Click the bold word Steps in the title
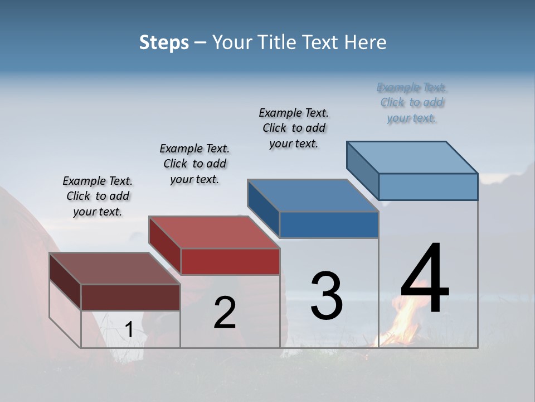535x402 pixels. [164, 42]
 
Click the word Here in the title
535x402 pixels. [365, 42]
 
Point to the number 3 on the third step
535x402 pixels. [327, 296]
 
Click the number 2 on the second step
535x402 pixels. [225, 313]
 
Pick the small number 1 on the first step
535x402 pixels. [129, 330]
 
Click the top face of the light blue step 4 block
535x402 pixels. [412, 157]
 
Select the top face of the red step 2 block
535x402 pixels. [214, 232]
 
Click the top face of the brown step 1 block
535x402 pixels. [115, 269]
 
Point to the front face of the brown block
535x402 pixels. [130, 297]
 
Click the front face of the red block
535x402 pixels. [230, 261]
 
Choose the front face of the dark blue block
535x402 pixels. [329, 224]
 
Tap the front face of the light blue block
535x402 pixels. [428, 186]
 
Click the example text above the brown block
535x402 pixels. [98, 196]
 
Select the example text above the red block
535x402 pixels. [194, 164]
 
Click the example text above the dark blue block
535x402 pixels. [294, 128]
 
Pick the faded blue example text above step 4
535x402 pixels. [412, 103]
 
